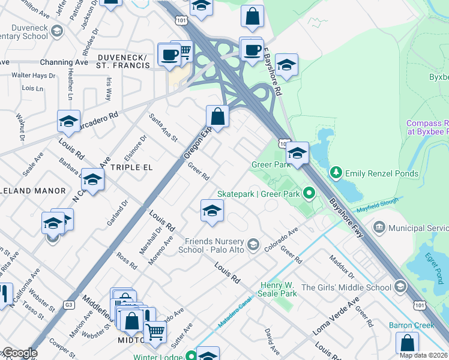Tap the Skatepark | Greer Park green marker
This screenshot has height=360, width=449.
309,193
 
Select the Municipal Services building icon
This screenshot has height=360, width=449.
379,228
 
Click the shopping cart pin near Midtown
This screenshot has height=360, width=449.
155,330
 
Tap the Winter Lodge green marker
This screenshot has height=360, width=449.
191,355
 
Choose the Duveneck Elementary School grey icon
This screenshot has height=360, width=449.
57,31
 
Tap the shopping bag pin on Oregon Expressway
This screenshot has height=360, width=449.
217,116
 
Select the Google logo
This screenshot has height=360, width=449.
19,353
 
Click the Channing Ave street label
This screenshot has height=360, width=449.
64,62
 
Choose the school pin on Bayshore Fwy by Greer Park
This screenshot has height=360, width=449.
297,153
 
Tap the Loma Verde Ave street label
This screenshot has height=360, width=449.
336,316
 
